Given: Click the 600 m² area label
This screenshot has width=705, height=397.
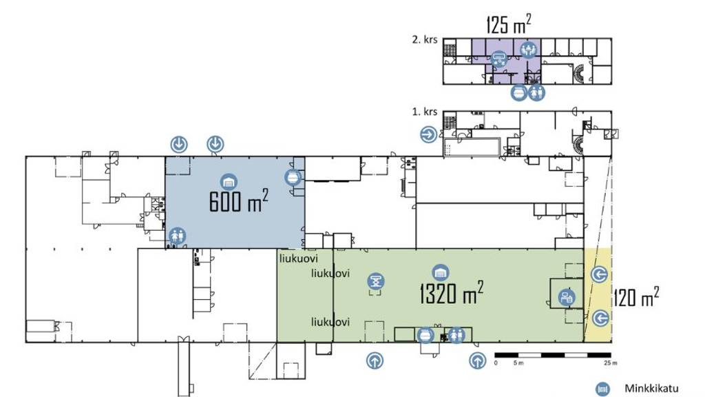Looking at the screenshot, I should pyautogui.click(x=238, y=201).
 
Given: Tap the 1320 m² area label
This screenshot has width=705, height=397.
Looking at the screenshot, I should pyautogui.click(x=451, y=294).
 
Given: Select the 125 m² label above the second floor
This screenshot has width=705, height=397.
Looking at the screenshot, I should pyautogui.click(x=509, y=25).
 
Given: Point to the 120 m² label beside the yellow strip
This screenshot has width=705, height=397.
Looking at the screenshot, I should pyautogui.click(x=636, y=298).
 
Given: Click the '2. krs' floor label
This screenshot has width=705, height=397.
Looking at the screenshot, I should pyautogui.click(x=425, y=40).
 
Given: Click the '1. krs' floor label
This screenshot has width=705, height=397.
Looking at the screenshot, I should pyautogui.click(x=425, y=112).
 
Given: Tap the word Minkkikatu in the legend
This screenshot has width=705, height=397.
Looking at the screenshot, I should pyautogui.click(x=649, y=388).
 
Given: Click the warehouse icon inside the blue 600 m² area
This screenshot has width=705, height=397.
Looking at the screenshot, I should pyautogui.click(x=228, y=181).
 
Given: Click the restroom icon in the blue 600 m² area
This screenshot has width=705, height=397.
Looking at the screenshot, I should pyautogui.click(x=178, y=236).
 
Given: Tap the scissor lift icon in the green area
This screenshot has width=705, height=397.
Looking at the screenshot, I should pyautogui.click(x=376, y=281).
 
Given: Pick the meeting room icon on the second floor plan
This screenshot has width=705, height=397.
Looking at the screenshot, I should pyautogui.click(x=529, y=49).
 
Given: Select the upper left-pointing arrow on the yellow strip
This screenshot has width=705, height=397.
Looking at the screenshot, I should pyautogui.click(x=600, y=274).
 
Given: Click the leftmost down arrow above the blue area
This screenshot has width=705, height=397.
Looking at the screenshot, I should pyautogui.click(x=180, y=144).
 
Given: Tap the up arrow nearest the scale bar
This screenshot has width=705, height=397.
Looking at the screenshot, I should pyautogui.click(x=476, y=360).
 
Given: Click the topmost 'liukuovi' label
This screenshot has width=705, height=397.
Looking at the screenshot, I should pyautogui.click(x=297, y=259).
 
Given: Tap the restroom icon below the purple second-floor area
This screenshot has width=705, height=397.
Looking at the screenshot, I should pyautogui.click(x=537, y=92).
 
